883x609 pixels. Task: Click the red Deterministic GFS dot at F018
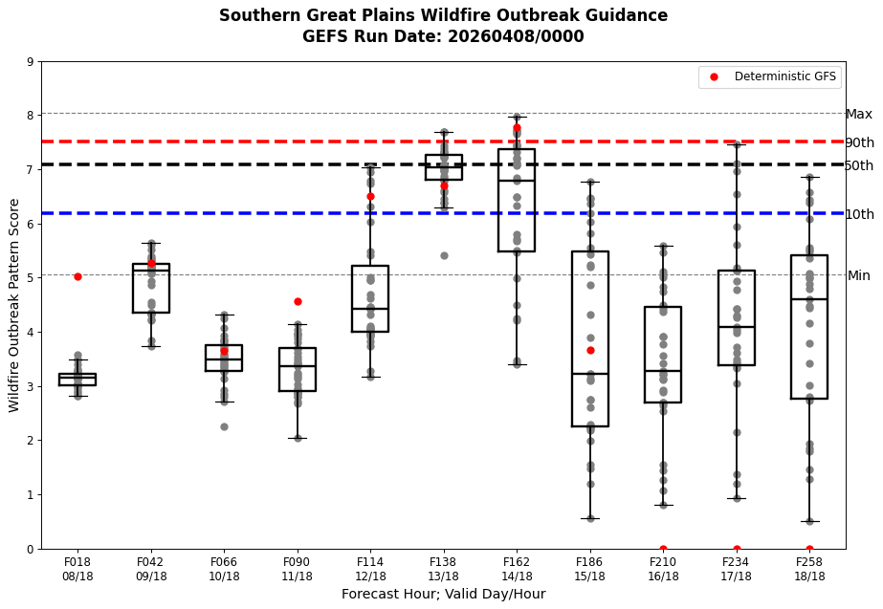[77, 276]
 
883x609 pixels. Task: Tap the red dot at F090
[298, 301]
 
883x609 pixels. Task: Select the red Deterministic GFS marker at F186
[590, 350]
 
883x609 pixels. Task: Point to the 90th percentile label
[858, 142]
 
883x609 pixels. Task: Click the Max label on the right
[858, 115]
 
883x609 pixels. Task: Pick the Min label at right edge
[858, 276]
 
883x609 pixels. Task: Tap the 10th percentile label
[858, 214]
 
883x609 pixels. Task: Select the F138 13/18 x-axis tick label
[443, 570]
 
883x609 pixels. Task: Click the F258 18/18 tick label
[809, 570]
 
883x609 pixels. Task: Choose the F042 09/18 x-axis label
[151, 570]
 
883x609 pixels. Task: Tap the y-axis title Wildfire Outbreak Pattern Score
[14, 305]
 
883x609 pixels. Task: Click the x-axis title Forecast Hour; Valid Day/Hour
[443, 595]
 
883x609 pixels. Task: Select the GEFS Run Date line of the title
[443, 37]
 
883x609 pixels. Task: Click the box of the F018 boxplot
[77, 380]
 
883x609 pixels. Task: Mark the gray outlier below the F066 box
[224, 426]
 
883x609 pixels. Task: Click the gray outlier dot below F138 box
[444, 255]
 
